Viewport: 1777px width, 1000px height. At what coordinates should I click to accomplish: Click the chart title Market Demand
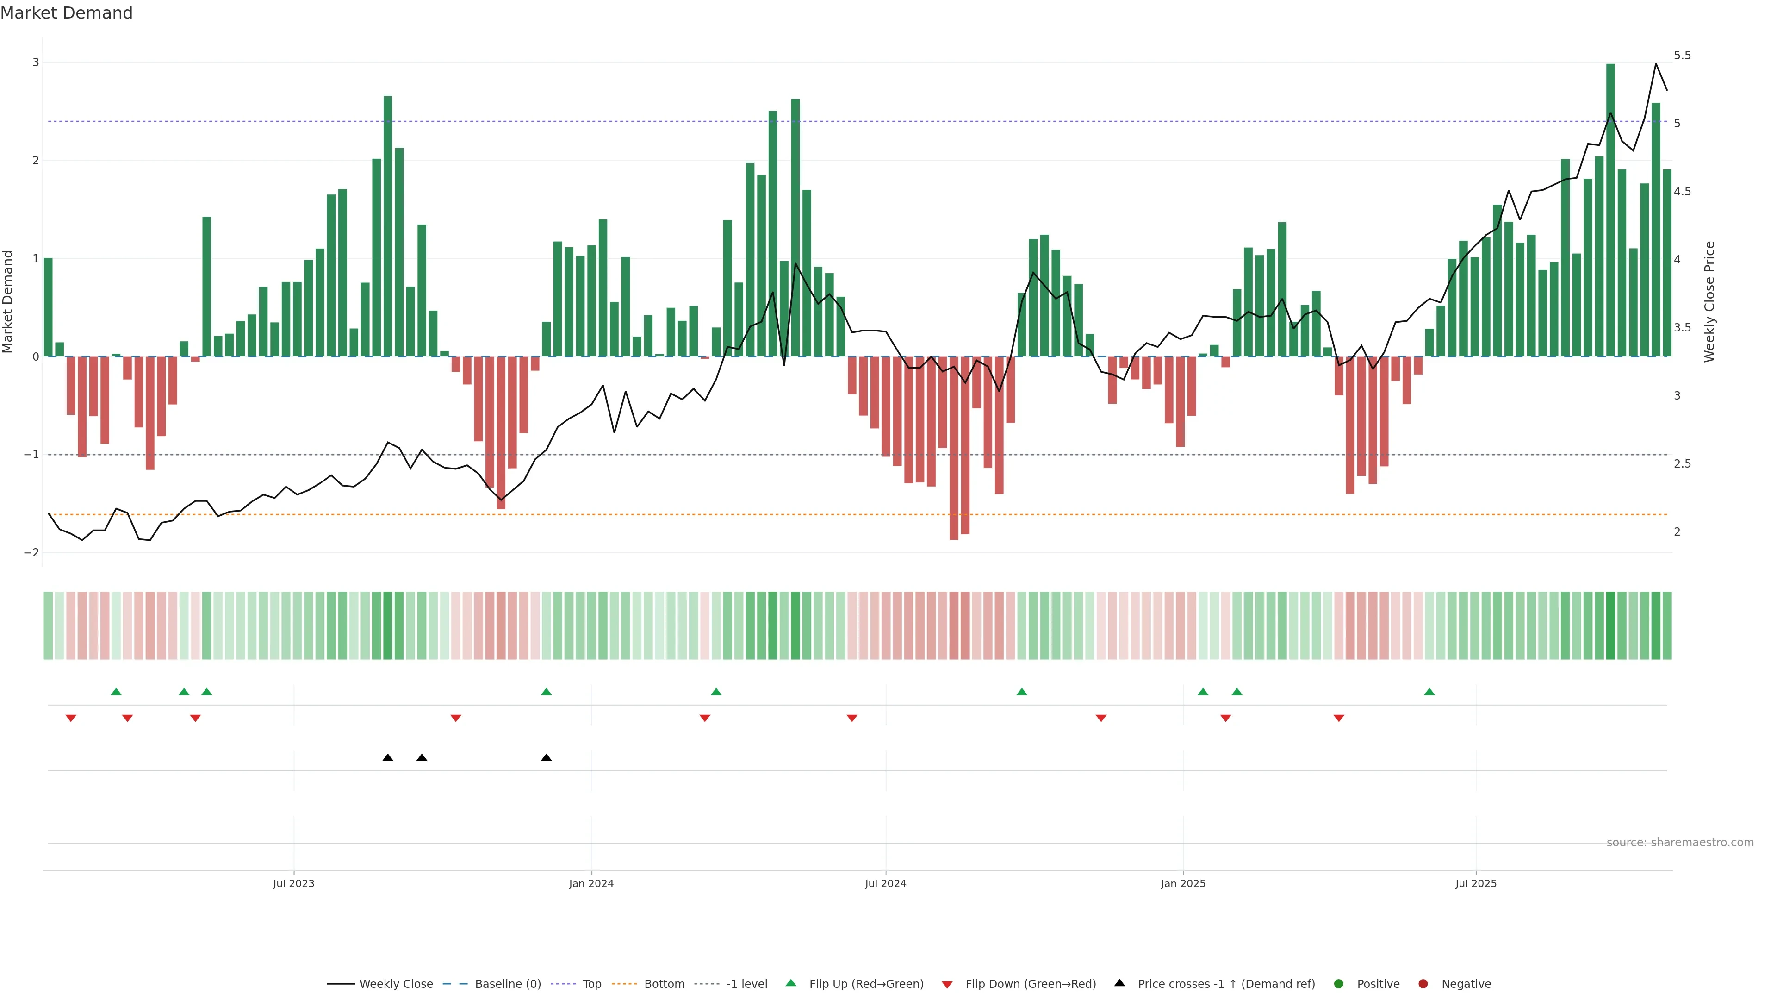66,13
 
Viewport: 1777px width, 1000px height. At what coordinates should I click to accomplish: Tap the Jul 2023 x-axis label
293,883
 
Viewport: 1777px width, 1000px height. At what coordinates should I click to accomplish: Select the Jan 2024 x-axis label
591,883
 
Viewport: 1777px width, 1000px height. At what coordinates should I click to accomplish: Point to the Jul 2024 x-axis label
886,883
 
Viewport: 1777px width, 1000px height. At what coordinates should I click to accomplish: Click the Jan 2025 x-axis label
1183,883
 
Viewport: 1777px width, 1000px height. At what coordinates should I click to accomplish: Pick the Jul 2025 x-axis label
1476,883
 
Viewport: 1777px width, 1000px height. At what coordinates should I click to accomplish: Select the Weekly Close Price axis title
1709,301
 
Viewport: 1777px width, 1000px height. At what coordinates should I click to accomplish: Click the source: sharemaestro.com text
1680,843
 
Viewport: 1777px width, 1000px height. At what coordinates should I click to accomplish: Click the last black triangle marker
547,758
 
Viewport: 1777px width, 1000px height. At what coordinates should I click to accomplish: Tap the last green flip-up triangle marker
1429,692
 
